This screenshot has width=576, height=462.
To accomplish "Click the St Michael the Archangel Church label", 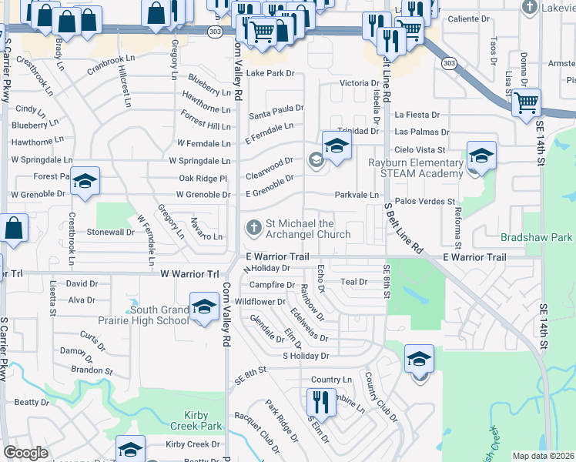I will [308, 229].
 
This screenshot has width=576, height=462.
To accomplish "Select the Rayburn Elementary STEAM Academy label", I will [415, 168].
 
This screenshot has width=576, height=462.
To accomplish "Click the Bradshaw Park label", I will [537, 238].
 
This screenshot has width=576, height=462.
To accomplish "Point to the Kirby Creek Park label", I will [192, 420].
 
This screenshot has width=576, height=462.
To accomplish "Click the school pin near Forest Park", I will [85, 182].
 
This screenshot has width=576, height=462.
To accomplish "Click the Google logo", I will [25, 453].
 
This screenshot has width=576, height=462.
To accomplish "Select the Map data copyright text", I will [544, 456].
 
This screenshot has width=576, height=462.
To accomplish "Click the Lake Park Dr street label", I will [270, 73].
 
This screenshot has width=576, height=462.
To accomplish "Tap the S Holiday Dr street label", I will [306, 356].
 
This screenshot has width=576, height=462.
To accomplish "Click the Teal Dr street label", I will [353, 282].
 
